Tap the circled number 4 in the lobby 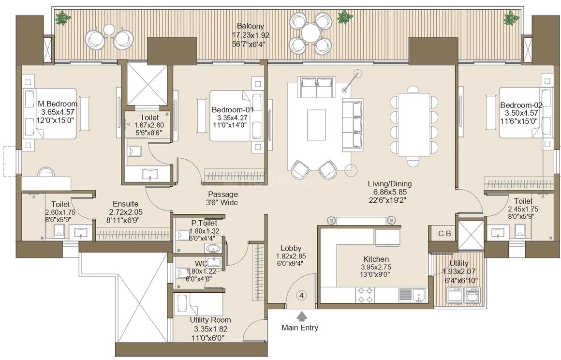click(x=302, y=296)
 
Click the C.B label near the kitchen click(x=444, y=234)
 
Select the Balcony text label click(x=251, y=26)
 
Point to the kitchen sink click(x=418, y=295)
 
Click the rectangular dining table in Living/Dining click(x=414, y=125)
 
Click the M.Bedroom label click(x=58, y=104)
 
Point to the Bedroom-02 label click(x=521, y=105)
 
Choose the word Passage click(x=223, y=195)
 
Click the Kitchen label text click(x=376, y=259)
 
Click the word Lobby click(x=291, y=248)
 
